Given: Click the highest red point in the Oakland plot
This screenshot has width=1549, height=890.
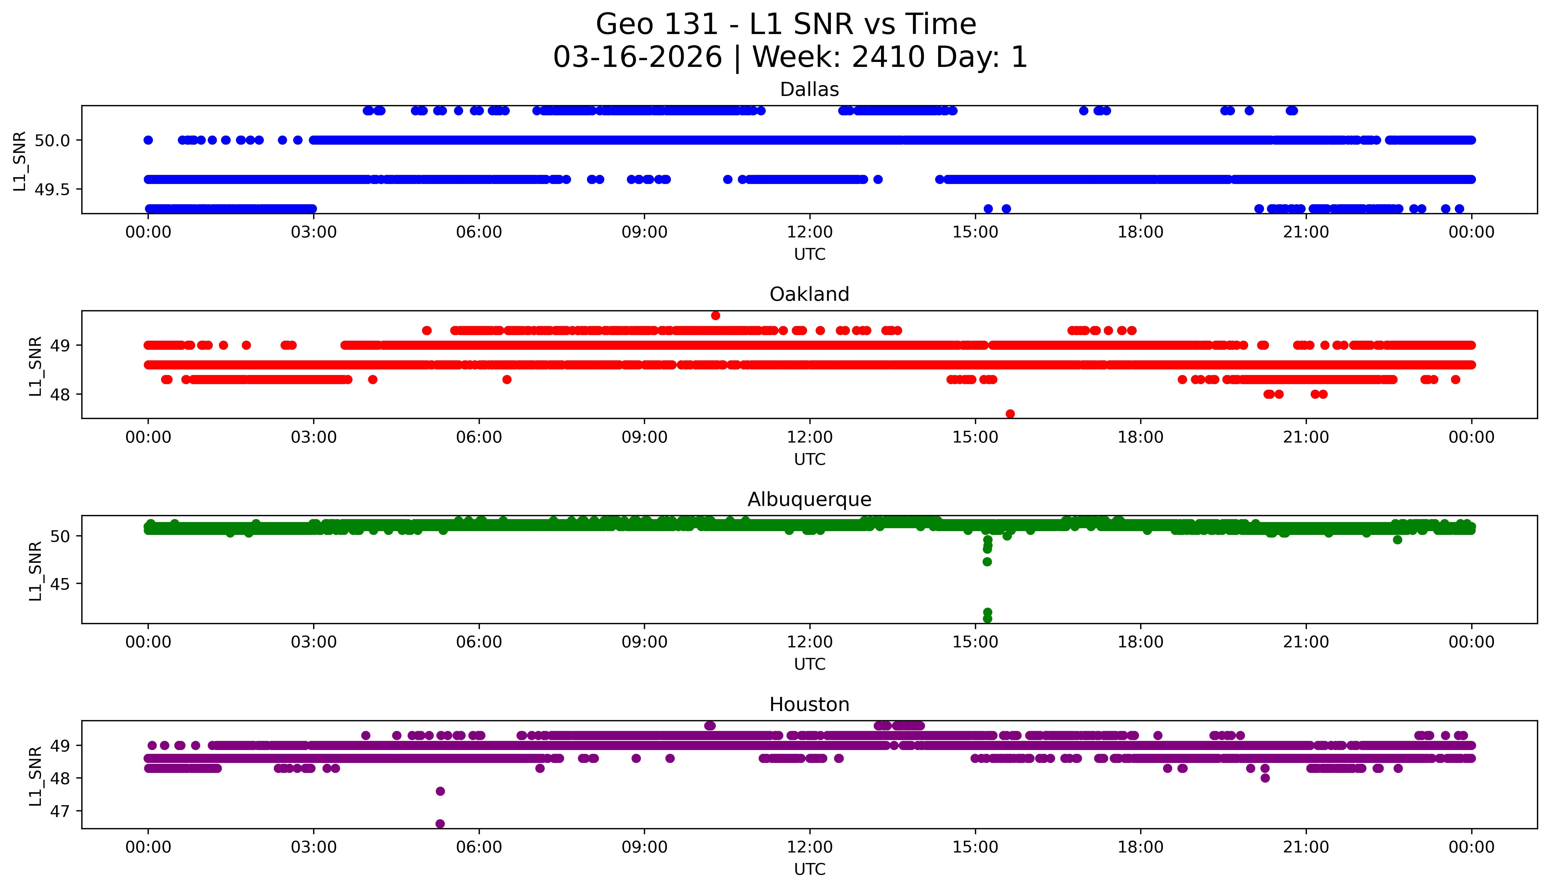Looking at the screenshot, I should pyautogui.click(x=715, y=315).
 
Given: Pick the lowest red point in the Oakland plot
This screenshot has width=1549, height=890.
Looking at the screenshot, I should pyautogui.click(x=1010, y=414).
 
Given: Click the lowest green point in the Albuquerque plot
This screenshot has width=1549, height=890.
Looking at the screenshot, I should pyautogui.click(x=987, y=619).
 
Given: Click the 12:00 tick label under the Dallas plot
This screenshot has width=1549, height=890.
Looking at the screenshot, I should pyautogui.click(x=809, y=232).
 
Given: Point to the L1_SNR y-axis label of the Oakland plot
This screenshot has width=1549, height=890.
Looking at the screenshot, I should pyautogui.click(x=36, y=366).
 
